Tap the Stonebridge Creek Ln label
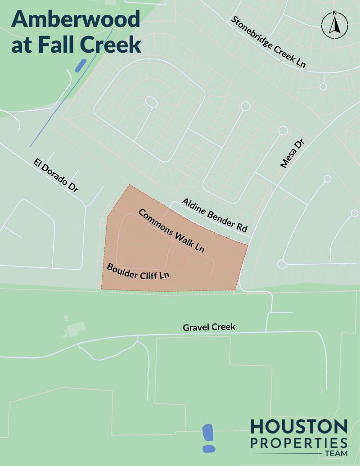pos(268,42)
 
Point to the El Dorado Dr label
pos(56,176)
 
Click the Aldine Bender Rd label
pos(215,215)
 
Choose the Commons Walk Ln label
pos(171,230)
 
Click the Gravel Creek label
pos(209,327)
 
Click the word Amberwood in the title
pos(76,20)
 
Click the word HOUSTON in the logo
pos(299,427)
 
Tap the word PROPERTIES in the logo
pos(299,442)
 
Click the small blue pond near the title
pos(81,66)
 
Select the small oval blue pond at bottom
pos(209,448)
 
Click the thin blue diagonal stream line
pos(63,99)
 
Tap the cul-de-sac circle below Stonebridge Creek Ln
pos(323,86)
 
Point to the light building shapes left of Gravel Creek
pos(75,328)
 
